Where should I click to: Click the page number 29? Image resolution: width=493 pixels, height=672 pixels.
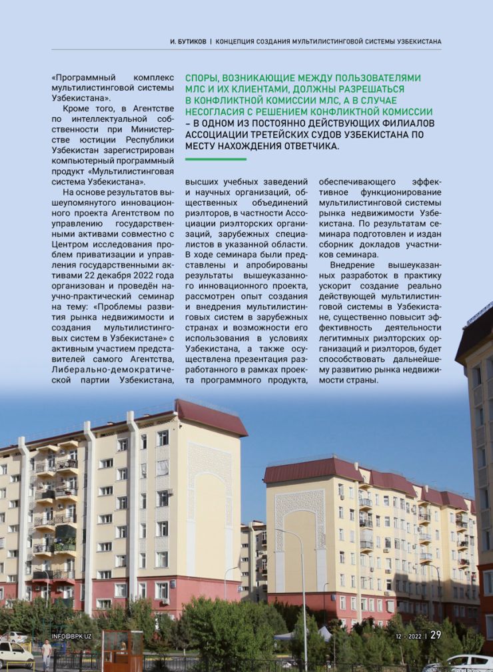(436, 635)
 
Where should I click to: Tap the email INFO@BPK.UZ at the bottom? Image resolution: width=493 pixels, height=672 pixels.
(71, 637)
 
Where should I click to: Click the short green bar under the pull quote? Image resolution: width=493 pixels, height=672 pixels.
(215, 159)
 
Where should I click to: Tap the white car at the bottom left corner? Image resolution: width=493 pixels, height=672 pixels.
(15, 655)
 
